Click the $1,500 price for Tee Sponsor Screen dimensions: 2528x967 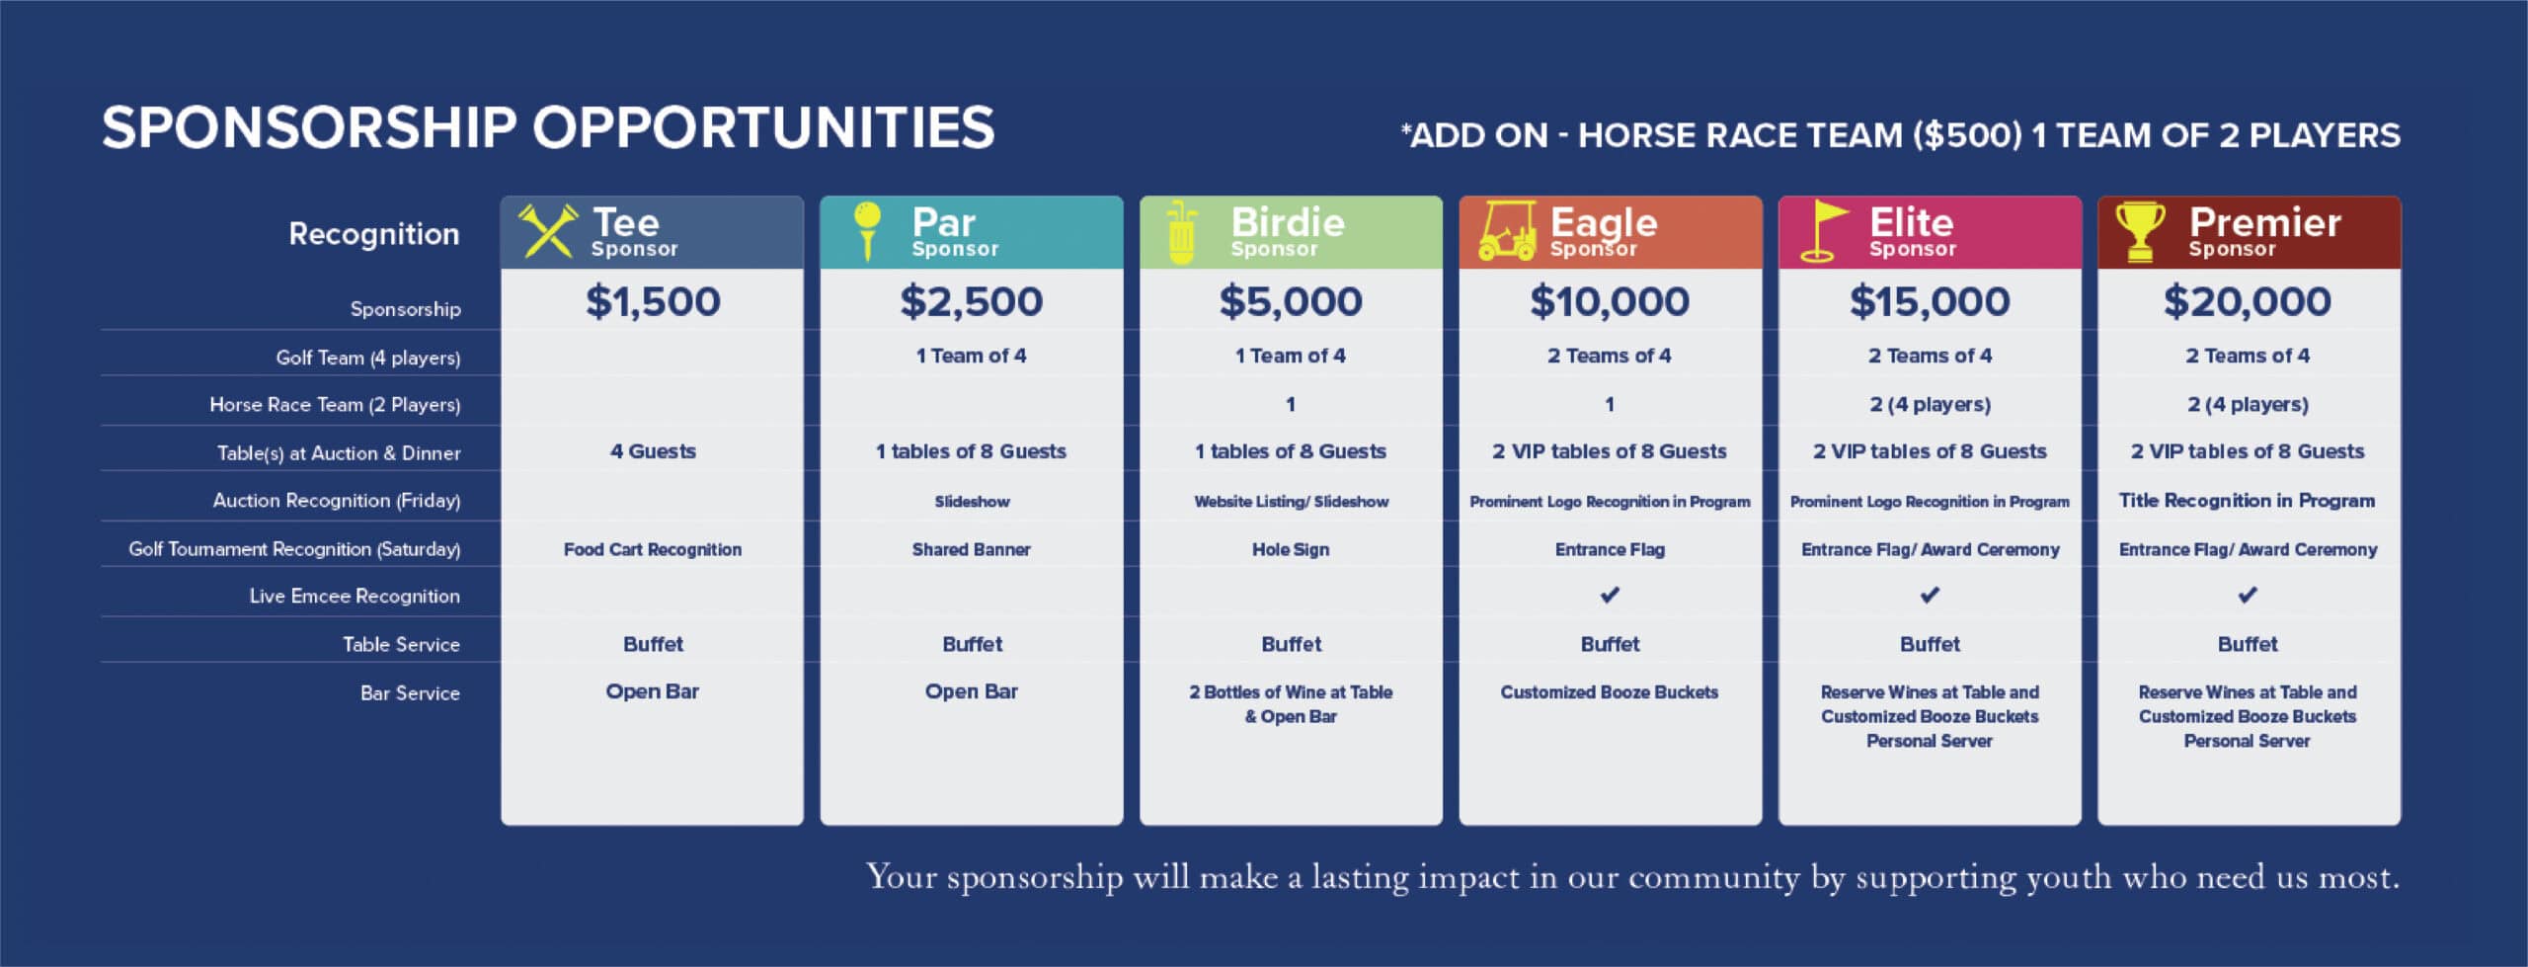click(653, 301)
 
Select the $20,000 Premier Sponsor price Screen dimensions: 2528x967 click(2248, 301)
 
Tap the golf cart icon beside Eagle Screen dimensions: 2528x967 click(1507, 232)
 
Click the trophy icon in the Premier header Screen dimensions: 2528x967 click(2140, 232)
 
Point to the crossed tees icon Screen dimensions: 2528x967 click(548, 231)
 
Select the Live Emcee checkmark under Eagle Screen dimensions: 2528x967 click(1610, 595)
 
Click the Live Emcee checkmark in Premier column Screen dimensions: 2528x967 click(2248, 595)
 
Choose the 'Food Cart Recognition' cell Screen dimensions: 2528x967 click(653, 549)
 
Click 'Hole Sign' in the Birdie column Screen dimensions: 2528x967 click(1291, 549)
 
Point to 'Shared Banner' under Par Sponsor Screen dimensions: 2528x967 click(972, 549)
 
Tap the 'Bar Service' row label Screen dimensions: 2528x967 click(410, 693)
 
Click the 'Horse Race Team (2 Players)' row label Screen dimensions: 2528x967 click(335, 405)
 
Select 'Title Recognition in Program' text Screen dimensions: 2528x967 click(2247, 501)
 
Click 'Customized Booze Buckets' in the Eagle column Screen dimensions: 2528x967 click(1610, 692)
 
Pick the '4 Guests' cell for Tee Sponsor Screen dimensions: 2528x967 click(653, 451)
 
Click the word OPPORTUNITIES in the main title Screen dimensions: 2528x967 click(763, 128)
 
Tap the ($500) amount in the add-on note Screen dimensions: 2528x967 click(1967, 135)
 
